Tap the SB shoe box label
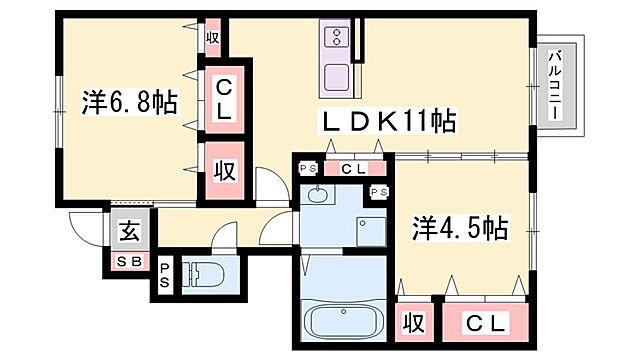click(130, 262)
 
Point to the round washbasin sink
click(319, 194)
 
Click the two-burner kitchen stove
click(338, 38)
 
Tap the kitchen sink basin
click(337, 75)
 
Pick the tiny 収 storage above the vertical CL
click(212, 37)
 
